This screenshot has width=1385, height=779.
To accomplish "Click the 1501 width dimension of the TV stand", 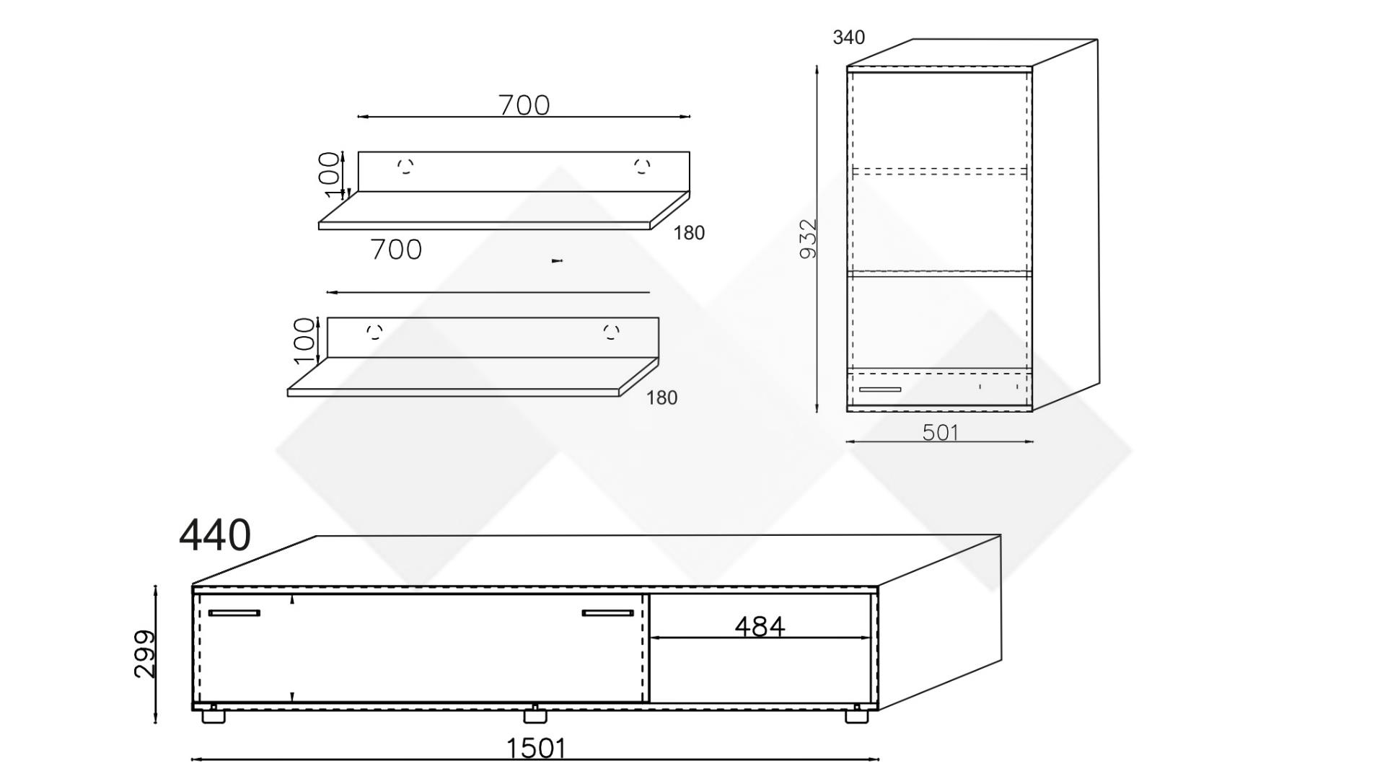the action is click(x=536, y=749).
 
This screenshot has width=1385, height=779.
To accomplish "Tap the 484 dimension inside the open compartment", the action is click(x=760, y=627).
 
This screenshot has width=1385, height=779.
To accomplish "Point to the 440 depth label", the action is click(x=215, y=535).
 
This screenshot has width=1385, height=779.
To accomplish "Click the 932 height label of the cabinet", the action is click(x=809, y=238).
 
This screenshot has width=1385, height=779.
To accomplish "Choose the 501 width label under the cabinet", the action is click(x=941, y=432).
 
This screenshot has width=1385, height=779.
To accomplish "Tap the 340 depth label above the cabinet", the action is click(x=848, y=38).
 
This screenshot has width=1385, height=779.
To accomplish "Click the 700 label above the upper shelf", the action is click(x=524, y=105).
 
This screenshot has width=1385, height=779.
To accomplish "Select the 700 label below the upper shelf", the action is click(x=396, y=250).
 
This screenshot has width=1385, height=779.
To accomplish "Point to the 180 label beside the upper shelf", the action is click(x=689, y=233).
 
